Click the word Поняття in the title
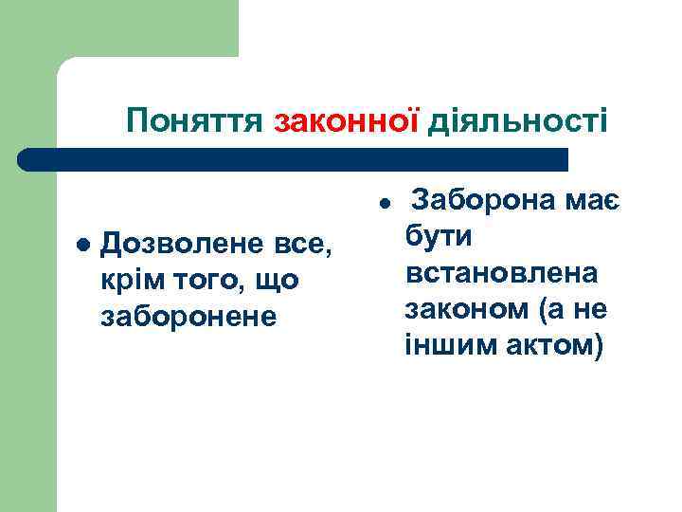196,120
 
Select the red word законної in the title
349,120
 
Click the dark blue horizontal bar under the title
294,159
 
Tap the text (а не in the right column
572,308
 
